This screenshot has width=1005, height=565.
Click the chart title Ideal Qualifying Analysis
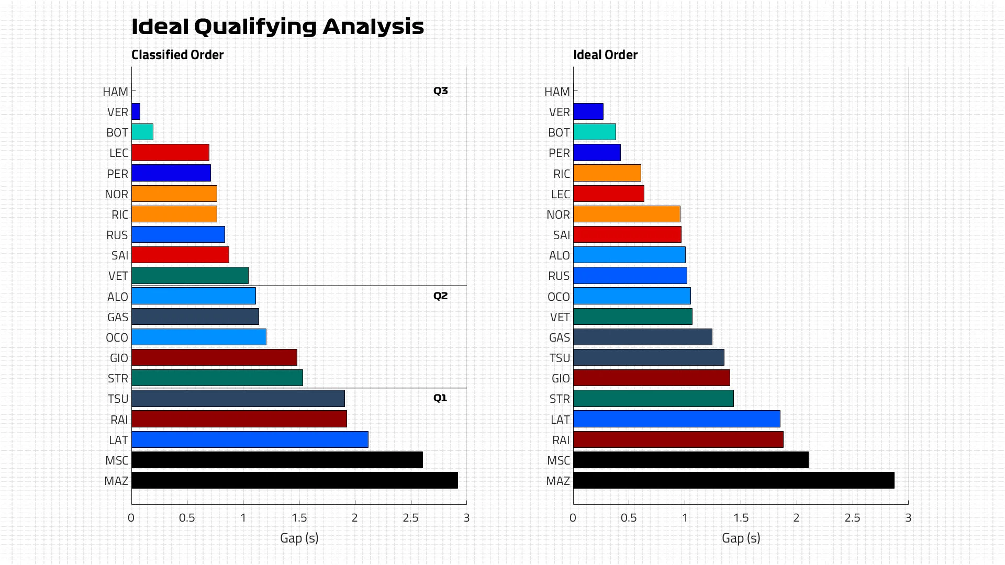277,27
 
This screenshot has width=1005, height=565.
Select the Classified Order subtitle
177,55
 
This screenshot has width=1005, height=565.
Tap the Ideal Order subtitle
605,55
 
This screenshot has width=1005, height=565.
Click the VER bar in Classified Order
136,111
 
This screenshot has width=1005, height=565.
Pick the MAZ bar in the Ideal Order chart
733,480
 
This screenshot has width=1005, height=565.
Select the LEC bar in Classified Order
170,153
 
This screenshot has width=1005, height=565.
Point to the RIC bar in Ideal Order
607,173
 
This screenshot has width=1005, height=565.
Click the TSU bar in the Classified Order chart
238,399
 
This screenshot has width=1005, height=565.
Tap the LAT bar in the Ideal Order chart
676,419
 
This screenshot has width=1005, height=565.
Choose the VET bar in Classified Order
190,276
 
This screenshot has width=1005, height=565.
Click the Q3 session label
440,91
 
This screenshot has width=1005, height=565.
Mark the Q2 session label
440,296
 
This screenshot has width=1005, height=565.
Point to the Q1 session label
440,398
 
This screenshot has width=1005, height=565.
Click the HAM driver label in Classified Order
116,92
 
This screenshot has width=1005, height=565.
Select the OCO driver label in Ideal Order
559,297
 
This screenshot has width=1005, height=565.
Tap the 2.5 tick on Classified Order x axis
410,518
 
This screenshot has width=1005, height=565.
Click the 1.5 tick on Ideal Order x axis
741,518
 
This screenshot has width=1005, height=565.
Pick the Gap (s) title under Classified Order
299,538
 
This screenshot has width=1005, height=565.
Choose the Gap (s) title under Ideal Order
741,538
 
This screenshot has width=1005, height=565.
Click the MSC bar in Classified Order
277,460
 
